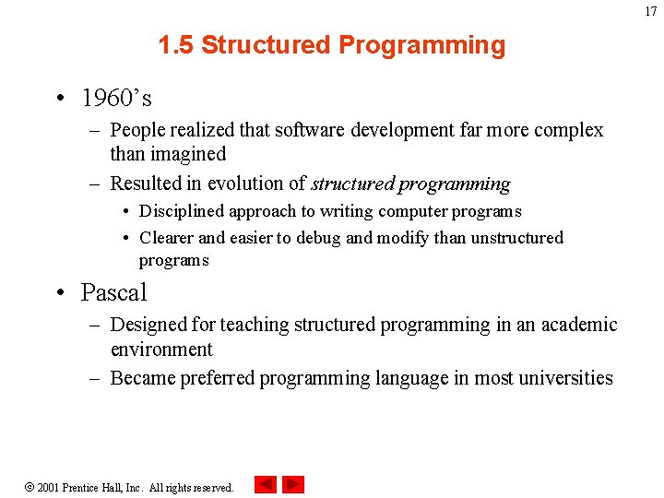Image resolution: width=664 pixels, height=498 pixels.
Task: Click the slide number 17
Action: (651, 12)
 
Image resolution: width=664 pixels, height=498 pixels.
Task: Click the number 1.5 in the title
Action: (175, 45)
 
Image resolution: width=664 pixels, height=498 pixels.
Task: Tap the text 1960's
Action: (116, 98)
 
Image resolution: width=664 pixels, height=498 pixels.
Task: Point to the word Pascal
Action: (113, 293)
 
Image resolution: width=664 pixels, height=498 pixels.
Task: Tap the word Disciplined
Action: (182, 212)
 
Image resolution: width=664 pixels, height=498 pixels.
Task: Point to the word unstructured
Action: (516, 238)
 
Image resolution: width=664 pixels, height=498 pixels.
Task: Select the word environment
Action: (161, 350)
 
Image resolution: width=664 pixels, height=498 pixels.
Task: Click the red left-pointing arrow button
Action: (265, 485)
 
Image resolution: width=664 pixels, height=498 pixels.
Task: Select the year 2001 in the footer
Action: (49, 487)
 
